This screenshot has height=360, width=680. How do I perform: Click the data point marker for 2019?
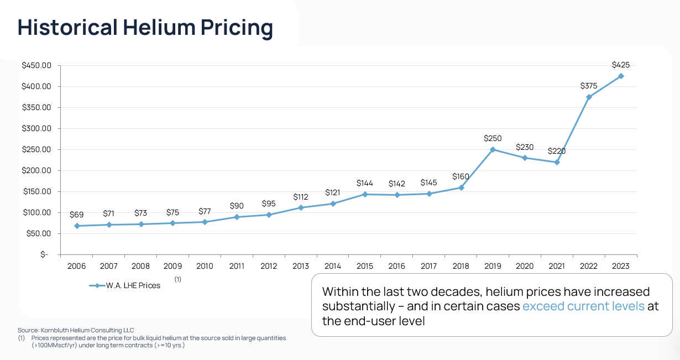point(493,149)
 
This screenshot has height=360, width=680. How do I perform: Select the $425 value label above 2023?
point(621,65)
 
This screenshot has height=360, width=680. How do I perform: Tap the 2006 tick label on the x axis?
point(76,266)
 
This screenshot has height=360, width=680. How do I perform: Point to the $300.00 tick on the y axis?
point(36,128)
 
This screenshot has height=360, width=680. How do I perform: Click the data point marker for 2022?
point(589,97)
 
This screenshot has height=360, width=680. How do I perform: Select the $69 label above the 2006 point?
point(76,215)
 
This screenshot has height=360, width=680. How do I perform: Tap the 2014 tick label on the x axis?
point(332,266)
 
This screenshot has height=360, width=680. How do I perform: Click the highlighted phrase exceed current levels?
point(583,306)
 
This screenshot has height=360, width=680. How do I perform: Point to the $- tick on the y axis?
point(44,254)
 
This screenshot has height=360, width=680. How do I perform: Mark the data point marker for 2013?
point(301,207)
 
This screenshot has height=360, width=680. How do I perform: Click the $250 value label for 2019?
point(493,138)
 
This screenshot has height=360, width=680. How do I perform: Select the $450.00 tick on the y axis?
point(36,65)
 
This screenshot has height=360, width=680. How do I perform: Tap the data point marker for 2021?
point(557,162)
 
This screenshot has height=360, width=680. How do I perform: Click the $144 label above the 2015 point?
point(365,183)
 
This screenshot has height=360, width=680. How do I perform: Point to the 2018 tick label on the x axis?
point(461,266)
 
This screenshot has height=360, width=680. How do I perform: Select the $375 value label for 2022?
point(589,86)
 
